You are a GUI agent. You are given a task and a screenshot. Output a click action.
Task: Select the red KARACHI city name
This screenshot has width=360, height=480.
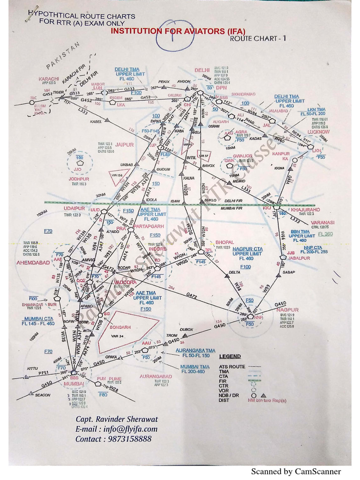[x=49, y=79]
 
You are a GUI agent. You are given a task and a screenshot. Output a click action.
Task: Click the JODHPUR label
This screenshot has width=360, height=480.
[x=78, y=179]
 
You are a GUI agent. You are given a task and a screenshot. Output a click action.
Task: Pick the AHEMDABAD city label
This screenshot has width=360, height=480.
[x=33, y=262]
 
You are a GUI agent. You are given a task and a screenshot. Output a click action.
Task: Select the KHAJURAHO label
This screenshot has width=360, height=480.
[x=305, y=210]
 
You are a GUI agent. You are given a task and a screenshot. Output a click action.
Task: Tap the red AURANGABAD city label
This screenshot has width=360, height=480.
[x=156, y=376]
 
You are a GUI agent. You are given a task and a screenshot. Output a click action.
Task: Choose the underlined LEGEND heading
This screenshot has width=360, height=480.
[x=230, y=357]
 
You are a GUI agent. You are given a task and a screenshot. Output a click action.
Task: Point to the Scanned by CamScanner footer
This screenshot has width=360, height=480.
[x=296, y=471]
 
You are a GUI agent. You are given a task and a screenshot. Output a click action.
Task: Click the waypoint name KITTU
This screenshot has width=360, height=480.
[x=32, y=368]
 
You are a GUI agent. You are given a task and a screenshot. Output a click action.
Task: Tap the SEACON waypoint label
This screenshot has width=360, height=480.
[x=43, y=395]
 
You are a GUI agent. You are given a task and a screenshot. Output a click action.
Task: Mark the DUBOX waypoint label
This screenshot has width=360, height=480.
[x=187, y=330]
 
